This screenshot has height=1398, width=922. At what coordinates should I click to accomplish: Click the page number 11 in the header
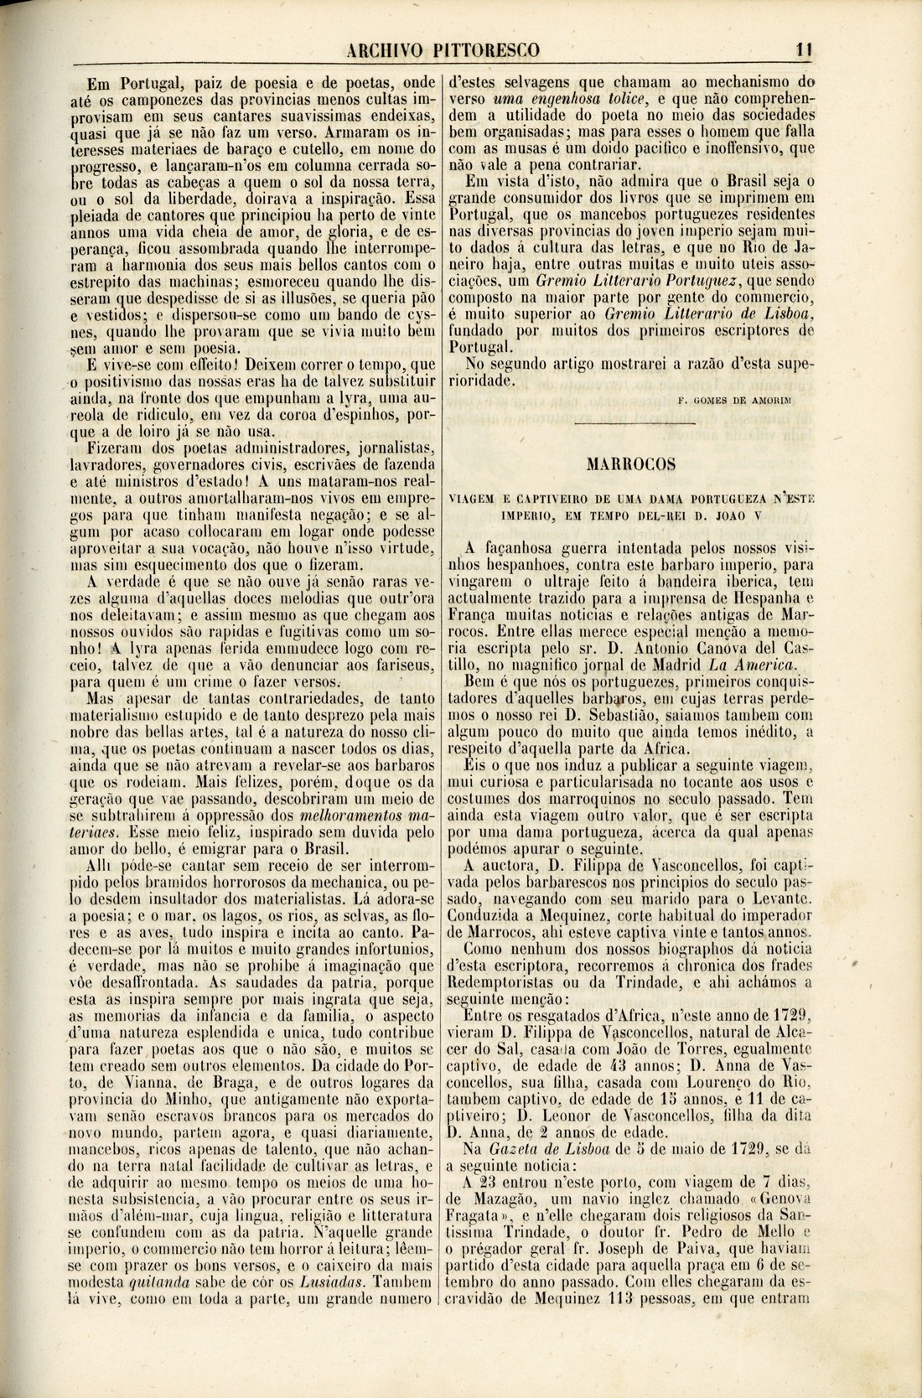(x=805, y=50)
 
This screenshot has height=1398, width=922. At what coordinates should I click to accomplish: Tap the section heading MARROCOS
(x=635, y=462)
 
